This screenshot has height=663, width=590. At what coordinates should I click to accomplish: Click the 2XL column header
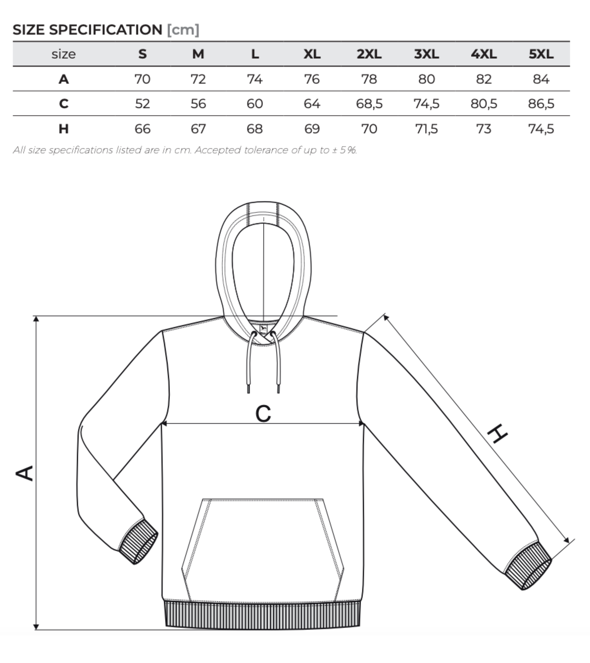pyautogui.click(x=369, y=54)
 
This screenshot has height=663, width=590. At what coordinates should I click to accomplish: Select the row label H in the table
pyautogui.click(x=63, y=129)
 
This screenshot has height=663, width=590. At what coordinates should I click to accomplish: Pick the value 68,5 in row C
pyautogui.click(x=369, y=104)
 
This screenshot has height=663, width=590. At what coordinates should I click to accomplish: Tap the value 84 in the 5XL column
pyautogui.click(x=541, y=79)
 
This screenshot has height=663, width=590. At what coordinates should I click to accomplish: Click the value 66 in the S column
pyautogui.click(x=142, y=129)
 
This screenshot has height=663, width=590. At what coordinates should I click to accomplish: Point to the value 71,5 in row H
pyautogui.click(x=426, y=129)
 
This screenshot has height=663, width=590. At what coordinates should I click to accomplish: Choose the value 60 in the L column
pyautogui.click(x=255, y=104)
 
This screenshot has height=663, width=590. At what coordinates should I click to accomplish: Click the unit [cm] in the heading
pyautogui.click(x=183, y=30)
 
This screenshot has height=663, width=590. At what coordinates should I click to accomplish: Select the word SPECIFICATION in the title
pyautogui.click(x=106, y=30)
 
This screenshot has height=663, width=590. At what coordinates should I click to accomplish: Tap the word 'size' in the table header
pyautogui.click(x=63, y=54)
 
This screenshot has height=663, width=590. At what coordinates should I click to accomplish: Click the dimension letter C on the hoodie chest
pyautogui.click(x=263, y=414)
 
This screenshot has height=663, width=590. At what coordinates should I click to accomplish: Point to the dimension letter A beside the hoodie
pyautogui.click(x=24, y=473)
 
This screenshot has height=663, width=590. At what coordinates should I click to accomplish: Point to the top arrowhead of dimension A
pyautogui.click(x=36, y=319)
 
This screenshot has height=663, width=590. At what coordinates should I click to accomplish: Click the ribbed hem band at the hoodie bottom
pyautogui.click(x=262, y=615)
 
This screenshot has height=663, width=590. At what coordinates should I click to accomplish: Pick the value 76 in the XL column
pyautogui.click(x=312, y=79)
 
